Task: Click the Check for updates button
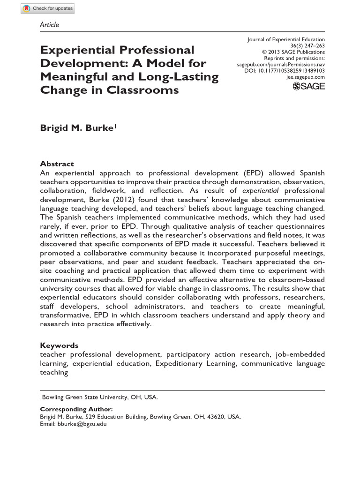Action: [48, 8]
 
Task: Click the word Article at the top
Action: [50, 25]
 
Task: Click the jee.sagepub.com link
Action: [305, 76]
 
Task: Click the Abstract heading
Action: [57, 164]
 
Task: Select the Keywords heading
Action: [59, 345]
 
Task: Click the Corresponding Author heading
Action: [76, 409]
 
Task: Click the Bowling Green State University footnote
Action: [100, 397]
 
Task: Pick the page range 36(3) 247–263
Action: [307, 46]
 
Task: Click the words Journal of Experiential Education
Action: [286, 40]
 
